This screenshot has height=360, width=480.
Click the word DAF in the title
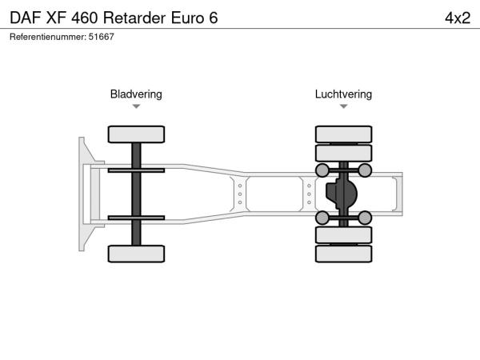tap(26, 18)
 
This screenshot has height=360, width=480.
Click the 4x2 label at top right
tap(456, 18)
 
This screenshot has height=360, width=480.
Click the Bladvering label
tap(136, 94)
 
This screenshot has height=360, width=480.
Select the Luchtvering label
tap(343, 94)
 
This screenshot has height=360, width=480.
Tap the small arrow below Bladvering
tap(136, 106)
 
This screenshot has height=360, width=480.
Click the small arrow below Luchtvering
tap(343, 106)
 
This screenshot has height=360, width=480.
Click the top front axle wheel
tap(136, 134)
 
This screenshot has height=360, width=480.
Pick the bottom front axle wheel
tap(136, 254)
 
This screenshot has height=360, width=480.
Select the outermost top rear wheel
tap(343, 134)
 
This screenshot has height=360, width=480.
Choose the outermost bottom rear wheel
tap(343, 254)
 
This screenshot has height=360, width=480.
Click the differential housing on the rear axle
tap(342, 194)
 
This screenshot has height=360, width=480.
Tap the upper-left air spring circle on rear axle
tap(322, 170)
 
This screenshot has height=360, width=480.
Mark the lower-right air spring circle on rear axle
tap(365, 218)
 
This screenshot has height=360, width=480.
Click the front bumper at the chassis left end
tap(83, 194)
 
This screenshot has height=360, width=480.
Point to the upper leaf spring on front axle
tap(136, 170)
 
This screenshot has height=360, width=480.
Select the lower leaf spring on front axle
tap(136, 218)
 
